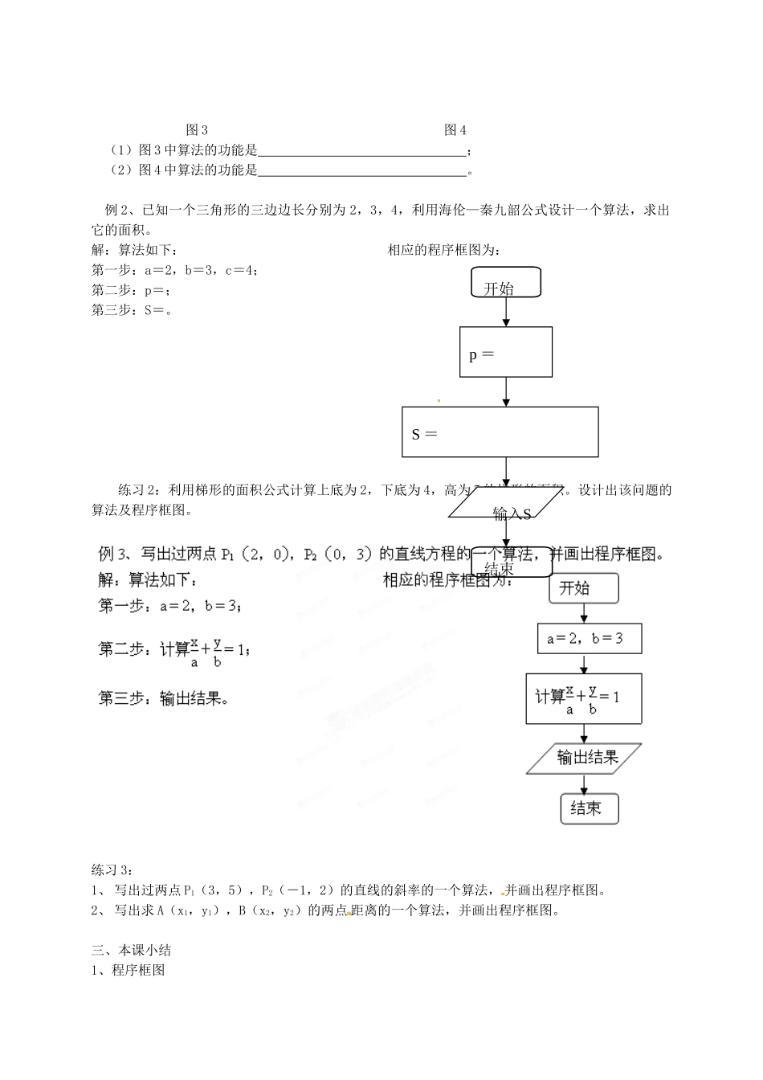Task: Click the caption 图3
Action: [x=197, y=129]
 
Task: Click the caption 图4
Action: [x=455, y=129]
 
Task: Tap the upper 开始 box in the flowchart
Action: [x=505, y=283]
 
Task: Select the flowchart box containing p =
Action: [x=505, y=352]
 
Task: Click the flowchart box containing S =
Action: [x=500, y=432]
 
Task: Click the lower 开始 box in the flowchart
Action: [x=584, y=588]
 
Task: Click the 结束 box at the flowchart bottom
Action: [x=590, y=808]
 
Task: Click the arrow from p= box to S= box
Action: [x=506, y=391]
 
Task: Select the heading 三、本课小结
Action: [x=132, y=950]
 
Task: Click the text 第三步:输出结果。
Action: [x=164, y=698]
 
